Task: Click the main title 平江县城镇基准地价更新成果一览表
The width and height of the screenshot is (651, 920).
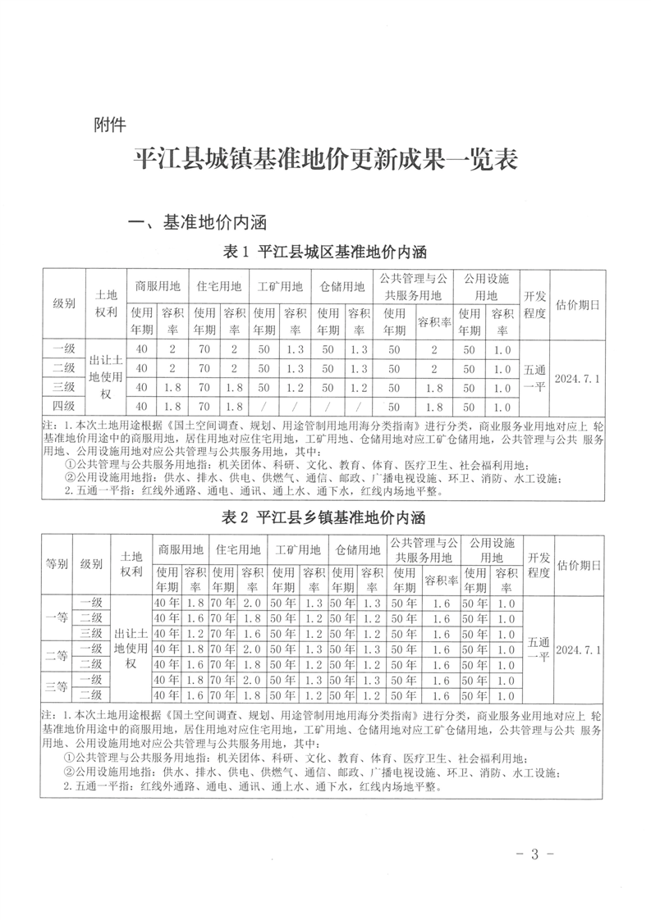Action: point(326,159)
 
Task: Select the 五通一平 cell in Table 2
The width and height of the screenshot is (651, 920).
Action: point(537,649)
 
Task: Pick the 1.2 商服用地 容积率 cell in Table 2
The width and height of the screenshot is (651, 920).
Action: point(195,633)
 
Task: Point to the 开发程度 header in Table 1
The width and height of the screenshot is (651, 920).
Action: point(534,304)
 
